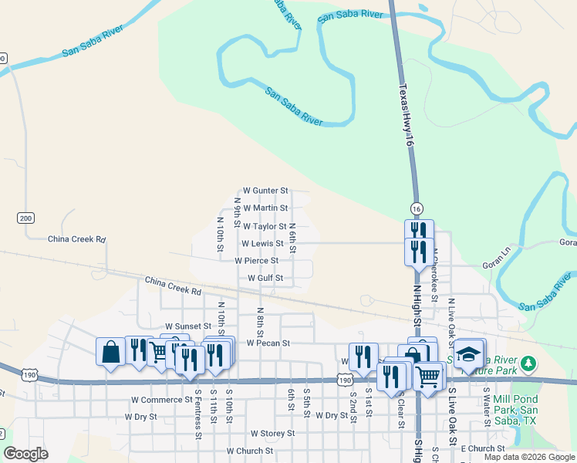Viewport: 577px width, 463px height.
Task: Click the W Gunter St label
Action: (x=265, y=190)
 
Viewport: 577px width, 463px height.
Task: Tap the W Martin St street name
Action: (x=265, y=208)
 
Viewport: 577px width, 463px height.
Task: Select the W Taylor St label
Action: (x=265, y=227)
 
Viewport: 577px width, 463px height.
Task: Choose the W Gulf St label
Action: (x=265, y=278)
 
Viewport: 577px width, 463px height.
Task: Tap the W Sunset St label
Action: (x=187, y=327)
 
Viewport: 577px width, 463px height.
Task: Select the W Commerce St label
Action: (x=161, y=400)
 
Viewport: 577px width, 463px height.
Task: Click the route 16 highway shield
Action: (x=417, y=209)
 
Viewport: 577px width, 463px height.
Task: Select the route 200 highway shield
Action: (x=26, y=218)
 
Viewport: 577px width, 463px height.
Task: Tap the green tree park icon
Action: (x=528, y=362)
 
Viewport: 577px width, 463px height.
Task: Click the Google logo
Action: (x=26, y=454)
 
